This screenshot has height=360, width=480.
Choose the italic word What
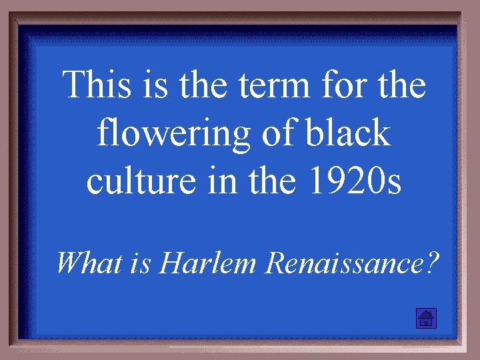83,263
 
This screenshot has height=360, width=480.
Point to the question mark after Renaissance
433,263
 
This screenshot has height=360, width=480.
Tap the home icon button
425,319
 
